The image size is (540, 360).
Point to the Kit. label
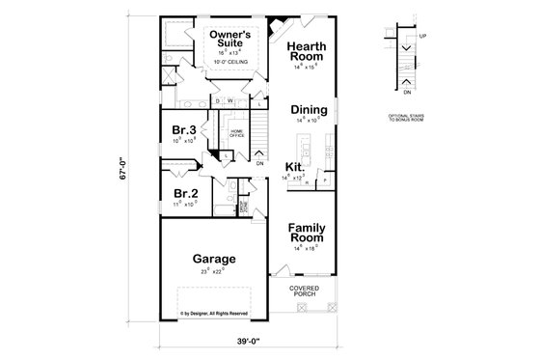click(x=295, y=167)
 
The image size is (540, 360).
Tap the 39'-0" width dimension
click(x=245, y=341)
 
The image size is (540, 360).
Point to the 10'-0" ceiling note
click(x=232, y=63)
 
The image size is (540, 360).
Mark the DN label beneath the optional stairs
click(x=406, y=93)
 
